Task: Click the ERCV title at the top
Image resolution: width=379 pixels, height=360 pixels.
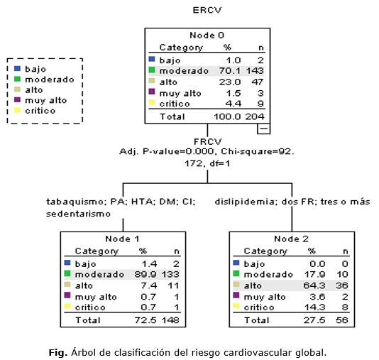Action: pos(207,10)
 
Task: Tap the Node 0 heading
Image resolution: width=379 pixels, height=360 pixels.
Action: pos(207,36)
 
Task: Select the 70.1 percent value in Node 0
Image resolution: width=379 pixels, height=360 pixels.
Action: pos(230,70)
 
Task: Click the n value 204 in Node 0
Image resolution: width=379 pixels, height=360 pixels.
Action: pos(255,116)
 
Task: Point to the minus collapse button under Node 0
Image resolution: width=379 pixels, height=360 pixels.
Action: pos(263,129)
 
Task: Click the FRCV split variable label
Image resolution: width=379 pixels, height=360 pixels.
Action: pos(208,141)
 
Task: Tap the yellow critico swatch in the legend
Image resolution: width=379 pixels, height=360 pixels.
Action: pos(17,110)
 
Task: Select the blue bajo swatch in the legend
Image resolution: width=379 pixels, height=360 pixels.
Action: pos(17,68)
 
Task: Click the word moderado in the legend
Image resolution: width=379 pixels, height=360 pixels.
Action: pos(50,80)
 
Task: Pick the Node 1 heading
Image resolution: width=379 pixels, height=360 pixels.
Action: pos(122,239)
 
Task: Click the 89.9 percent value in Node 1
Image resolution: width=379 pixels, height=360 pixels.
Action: pos(145,274)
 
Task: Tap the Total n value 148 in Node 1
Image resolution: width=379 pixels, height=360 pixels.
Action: pos(170,320)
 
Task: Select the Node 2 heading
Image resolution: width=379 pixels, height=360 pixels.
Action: pos(291,239)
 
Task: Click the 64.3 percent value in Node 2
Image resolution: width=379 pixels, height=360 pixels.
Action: pos(314,285)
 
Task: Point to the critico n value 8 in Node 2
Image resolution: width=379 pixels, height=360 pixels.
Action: pos(345,307)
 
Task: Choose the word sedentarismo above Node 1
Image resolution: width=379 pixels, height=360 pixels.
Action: pos(78,214)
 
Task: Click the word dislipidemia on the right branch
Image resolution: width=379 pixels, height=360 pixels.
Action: pos(246,202)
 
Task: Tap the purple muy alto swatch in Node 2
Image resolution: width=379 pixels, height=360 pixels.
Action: pos(236,295)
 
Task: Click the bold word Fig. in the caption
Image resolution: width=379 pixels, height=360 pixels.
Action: pos(58,353)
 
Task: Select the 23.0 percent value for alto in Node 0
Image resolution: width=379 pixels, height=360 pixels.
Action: pos(230,82)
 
